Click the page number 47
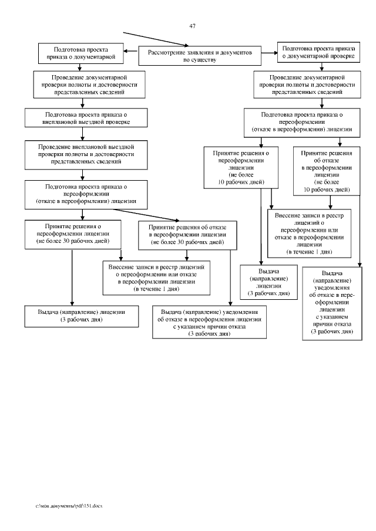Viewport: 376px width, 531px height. [x=193, y=26]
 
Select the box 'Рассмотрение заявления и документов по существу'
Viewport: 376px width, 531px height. [x=199, y=56]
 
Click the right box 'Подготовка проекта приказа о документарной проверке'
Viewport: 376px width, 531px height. [x=317, y=52]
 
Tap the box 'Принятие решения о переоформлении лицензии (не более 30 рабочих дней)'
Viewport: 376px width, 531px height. [x=72, y=233]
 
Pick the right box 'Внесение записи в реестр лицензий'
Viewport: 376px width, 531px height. [x=309, y=233]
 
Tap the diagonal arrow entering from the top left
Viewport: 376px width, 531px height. [x=156, y=38]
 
